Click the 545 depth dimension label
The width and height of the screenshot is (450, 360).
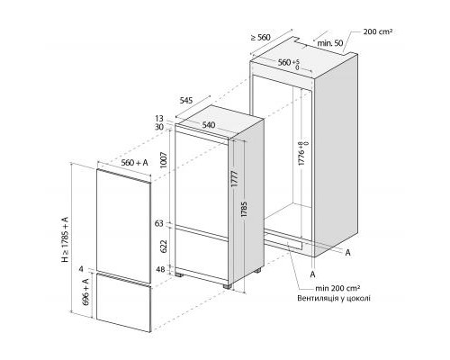click(186, 100)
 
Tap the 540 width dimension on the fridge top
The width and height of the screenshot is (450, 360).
click(209, 124)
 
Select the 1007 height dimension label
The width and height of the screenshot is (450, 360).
click(164, 160)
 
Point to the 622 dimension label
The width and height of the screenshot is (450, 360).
click(164, 247)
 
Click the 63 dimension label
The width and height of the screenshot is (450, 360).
click(159, 224)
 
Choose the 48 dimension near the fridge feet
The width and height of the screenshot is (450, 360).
click(160, 270)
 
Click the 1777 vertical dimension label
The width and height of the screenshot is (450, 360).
click(235, 179)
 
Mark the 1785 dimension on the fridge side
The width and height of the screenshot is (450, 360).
click(244, 210)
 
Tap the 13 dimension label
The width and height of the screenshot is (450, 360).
click(159, 119)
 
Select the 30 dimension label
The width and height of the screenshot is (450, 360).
click(159, 127)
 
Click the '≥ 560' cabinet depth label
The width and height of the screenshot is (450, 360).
click(261, 37)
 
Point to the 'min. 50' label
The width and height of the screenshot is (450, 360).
click(330, 43)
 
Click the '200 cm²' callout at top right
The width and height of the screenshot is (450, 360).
click(378, 31)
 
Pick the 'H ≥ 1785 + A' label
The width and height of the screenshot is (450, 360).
click(65, 239)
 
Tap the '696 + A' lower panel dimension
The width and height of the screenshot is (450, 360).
click(85, 292)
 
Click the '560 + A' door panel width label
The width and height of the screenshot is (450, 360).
click(135, 163)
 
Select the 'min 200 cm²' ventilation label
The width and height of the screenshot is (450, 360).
click(337, 288)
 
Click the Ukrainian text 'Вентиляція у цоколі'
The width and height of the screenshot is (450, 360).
click(334, 298)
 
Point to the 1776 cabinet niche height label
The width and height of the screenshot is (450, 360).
click(303, 153)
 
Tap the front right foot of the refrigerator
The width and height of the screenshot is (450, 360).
click(228, 286)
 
